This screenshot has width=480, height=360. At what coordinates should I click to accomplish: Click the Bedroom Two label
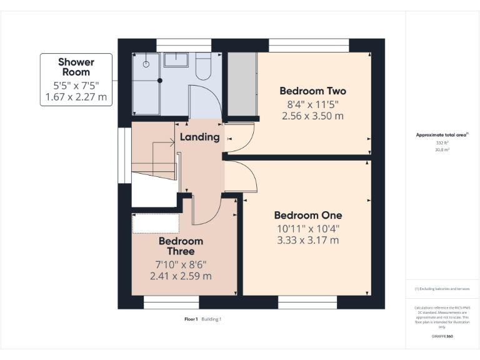coord(312,91)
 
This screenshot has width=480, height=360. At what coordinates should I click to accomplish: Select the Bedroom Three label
coord(181,246)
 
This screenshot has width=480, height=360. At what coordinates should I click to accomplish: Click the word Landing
coord(199,137)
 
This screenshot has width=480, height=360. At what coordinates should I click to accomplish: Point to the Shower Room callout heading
coord(76,67)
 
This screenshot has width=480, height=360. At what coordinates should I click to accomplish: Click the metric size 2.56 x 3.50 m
coord(312,116)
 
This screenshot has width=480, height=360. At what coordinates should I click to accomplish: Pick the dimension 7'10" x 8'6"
coord(181,264)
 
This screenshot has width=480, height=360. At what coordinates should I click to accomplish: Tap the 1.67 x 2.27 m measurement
coord(76,97)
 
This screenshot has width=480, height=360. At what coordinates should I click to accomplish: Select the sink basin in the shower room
coord(178,60)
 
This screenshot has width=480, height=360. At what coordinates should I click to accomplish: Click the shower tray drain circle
coord(147,63)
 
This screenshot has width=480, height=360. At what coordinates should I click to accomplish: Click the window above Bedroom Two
coord(309,45)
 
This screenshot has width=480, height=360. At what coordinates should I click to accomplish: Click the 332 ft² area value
coord(442,143)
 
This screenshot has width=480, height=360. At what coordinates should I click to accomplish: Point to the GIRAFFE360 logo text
coord(442,336)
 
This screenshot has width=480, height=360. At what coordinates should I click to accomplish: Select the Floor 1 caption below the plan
coord(191,319)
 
